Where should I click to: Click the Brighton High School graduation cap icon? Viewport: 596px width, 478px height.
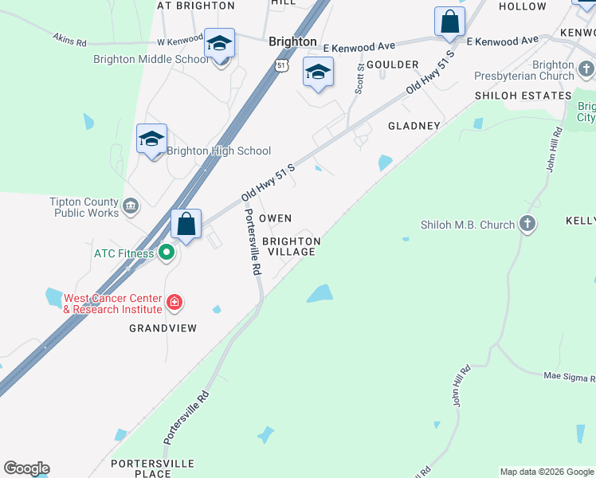coord(151,139)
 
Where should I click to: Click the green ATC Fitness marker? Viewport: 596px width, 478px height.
coord(167,253)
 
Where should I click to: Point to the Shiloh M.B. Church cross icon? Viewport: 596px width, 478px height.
coord(527,225)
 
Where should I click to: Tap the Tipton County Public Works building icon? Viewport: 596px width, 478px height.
coord(131,207)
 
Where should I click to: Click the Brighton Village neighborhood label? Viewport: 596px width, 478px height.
coord(291,246)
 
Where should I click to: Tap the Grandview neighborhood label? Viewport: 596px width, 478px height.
coord(162,328)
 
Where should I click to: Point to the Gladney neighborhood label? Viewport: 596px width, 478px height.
coord(414,126)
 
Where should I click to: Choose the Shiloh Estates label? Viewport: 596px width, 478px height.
coord(523,96)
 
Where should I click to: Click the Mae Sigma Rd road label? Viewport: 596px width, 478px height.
coord(569,376)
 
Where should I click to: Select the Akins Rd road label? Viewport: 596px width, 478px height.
coord(69,38)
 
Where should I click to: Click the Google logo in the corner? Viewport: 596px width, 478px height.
coord(26,468)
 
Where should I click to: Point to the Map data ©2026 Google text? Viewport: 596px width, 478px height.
coord(547,472)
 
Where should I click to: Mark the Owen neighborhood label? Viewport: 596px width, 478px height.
coord(276,218)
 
